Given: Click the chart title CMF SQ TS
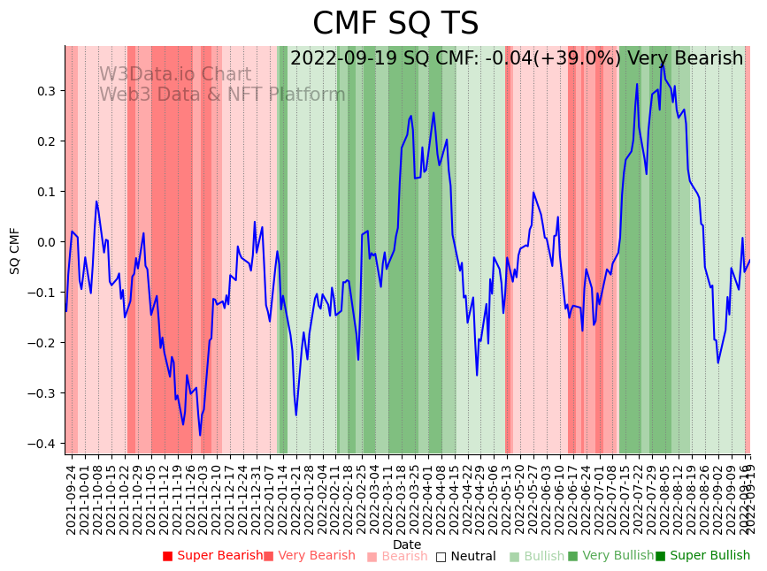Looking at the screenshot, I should click(x=395, y=24).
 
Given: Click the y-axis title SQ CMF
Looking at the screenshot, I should click(x=15, y=250).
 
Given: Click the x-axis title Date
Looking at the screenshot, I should click(x=407, y=544).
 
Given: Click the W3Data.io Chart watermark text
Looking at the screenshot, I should click(x=174, y=75).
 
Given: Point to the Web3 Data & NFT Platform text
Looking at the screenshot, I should click(x=222, y=95).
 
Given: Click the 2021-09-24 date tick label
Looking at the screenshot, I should click(x=72, y=499).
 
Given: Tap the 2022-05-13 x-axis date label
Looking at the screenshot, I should click(x=508, y=499).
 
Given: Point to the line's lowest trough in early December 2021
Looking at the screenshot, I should click(x=200, y=435).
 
